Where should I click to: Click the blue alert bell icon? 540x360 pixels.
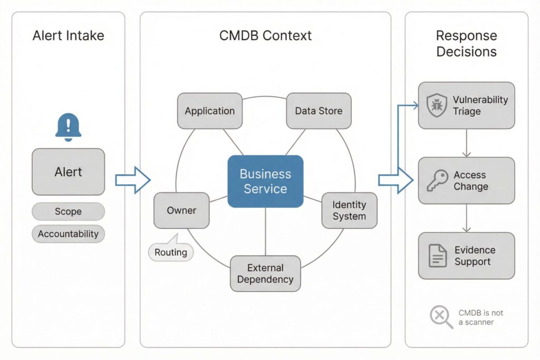click(68, 127)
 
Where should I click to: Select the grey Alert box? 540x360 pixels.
click(68, 172)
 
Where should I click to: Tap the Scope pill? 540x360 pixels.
click(68, 211)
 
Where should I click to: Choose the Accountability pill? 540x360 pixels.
click(68, 233)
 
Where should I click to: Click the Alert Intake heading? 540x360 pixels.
click(68, 36)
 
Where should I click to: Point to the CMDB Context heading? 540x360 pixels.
click(265, 36)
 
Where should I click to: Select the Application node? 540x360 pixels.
click(209, 111)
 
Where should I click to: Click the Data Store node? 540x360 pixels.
click(319, 111)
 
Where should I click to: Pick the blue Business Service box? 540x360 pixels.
click(265, 181)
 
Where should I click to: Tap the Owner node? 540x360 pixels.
click(181, 210)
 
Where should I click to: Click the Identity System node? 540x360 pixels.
click(349, 210)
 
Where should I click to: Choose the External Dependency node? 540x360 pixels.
click(265, 274)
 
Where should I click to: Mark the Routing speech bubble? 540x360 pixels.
click(171, 252)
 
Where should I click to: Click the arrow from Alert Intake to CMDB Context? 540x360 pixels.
click(132, 180)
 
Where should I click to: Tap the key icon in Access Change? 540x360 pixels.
click(437, 180)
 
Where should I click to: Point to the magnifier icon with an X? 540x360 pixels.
click(440, 317)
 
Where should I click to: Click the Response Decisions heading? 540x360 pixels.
click(466, 44)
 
